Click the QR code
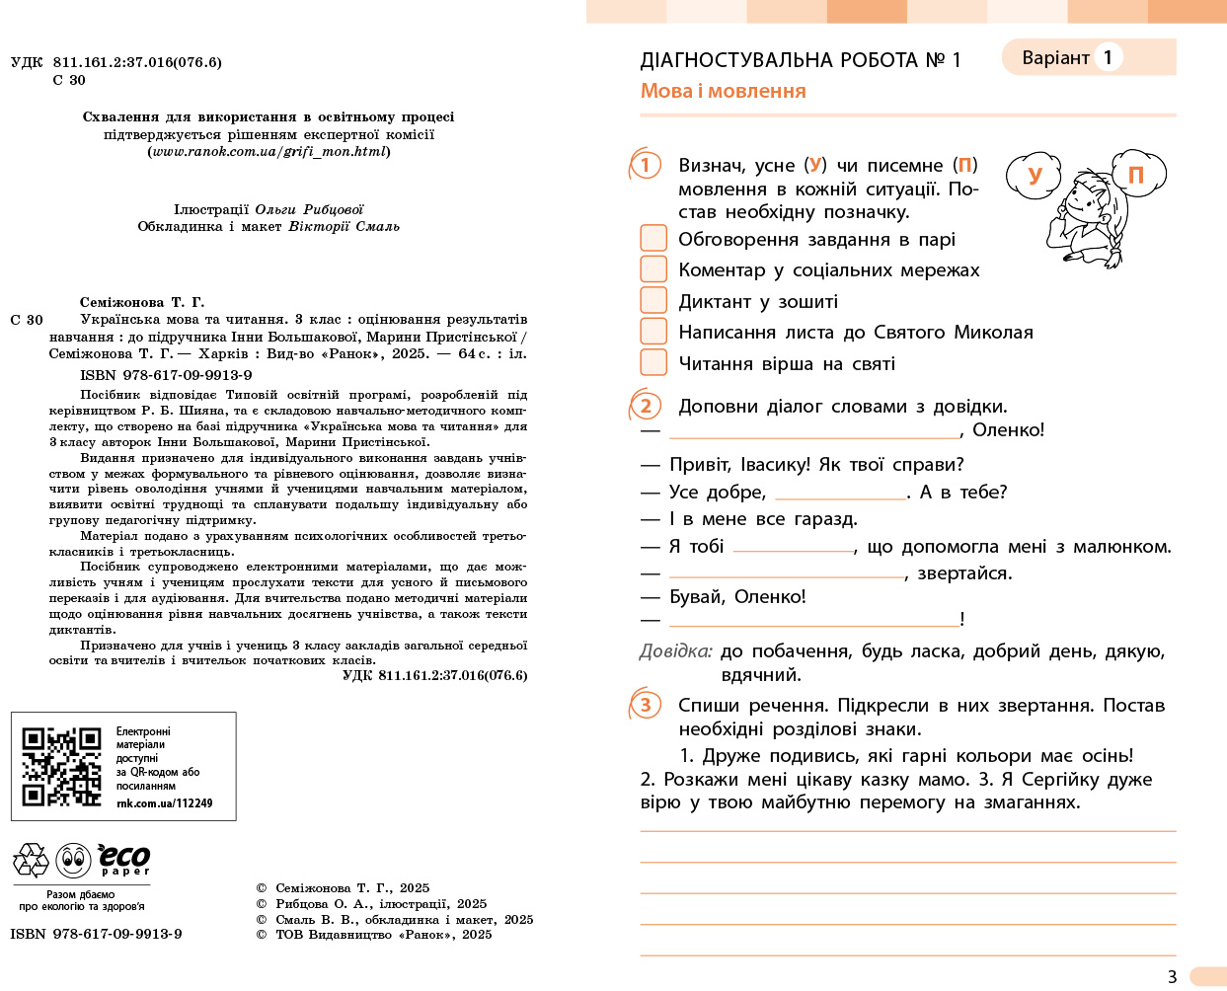[x=61, y=767]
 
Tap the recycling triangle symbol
[x=31, y=861]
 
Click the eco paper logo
[x=124, y=859]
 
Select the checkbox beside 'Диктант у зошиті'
[x=653, y=300]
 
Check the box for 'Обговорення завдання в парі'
[x=653, y=238]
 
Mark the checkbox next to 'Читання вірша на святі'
[x=653, y=362]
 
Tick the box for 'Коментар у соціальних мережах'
[x=653, y=268]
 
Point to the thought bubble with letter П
[x=1136, y=175]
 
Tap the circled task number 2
[x=646, y=406]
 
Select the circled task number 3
[x=646, y=705]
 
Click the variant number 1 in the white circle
[x=1108, y=57]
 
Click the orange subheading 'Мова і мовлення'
[x=723, y=91]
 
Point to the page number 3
[x=1172, y=976]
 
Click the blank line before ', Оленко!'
[x=813, y=431]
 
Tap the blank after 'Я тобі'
[x=793, y=547]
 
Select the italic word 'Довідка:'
[x=675, y=651]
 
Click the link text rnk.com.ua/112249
[x=164, y=803]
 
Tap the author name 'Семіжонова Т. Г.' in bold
[x=141, y=302]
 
